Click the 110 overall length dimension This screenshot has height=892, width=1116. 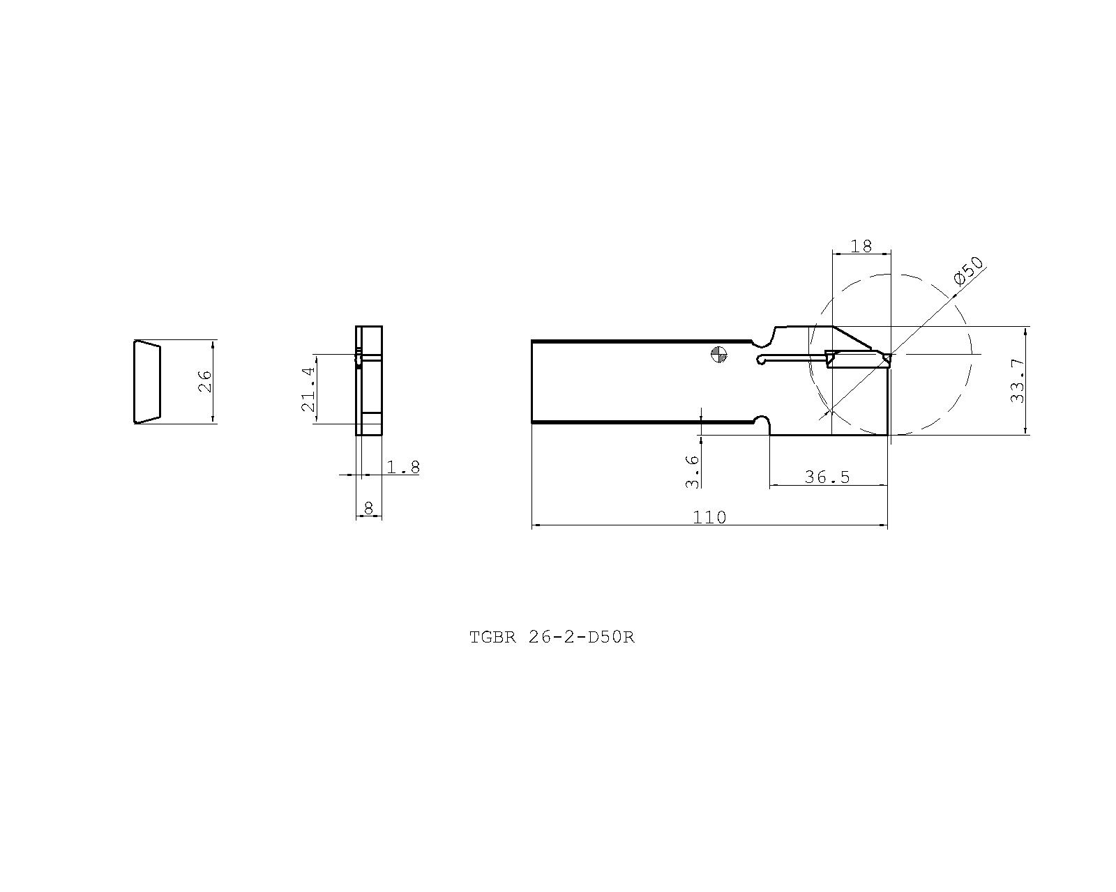coord(709,517)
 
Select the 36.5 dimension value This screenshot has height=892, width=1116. coord(827,477)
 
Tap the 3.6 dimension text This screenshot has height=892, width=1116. coord(692,471)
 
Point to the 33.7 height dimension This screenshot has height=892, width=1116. coord(1018,380)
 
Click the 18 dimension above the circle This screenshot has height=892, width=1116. coord(862,246)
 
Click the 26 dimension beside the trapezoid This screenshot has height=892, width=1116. coord(204,381)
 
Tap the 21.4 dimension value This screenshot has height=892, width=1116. coord(308,388)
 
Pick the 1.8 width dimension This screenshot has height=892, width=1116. coord(404,467)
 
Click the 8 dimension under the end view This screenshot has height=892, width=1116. coord(369,509)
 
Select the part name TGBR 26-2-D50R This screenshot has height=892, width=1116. coord(552,637)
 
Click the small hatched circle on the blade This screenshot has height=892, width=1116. coord(718,355)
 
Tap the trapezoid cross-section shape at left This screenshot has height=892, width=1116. coord(147,381)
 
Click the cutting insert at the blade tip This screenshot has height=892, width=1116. coord(858,360)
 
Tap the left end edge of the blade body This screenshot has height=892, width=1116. coord(532,381)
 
